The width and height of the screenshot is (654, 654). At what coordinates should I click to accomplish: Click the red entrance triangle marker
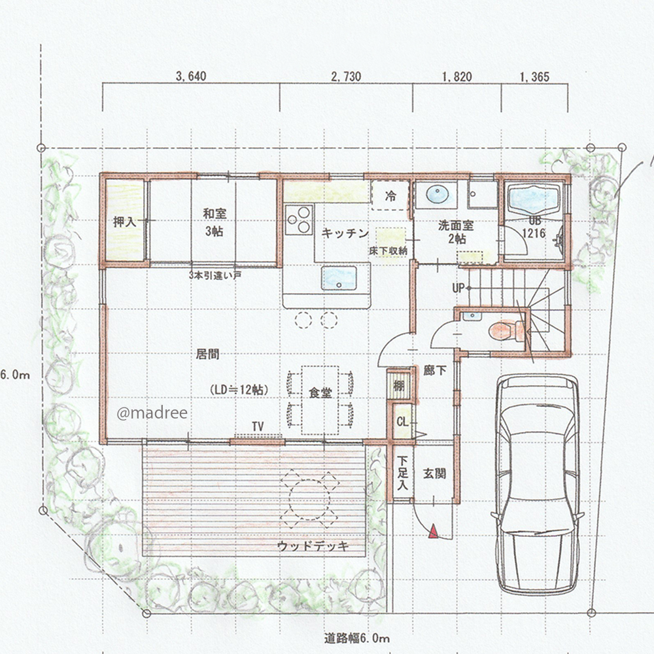tap(434, 531)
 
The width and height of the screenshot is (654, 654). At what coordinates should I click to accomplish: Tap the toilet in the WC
tap(506, 331)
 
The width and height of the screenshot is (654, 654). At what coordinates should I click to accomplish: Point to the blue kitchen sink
tap(339, 278)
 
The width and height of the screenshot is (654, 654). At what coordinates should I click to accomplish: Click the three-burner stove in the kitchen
tap(299, 219)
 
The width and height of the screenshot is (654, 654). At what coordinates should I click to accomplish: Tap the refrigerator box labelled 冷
tap(390, 195)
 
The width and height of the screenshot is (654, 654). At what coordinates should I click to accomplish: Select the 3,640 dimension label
tap(191, 77)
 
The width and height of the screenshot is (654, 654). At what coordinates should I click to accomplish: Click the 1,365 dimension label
tap(534, 77)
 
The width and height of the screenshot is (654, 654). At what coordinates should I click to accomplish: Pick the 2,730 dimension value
tap(346, 77)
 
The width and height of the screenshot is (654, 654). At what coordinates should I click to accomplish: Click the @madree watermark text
tap(152, 413)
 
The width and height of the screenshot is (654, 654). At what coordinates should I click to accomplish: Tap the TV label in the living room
tap(258, 426)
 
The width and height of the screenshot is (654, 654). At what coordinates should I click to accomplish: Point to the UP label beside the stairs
tap(458, 288)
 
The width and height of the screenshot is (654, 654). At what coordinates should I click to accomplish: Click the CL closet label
tap(402, 422)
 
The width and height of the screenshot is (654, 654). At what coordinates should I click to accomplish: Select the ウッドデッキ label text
tap(313, 546)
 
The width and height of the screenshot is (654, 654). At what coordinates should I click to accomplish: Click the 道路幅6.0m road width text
tap(356, 638)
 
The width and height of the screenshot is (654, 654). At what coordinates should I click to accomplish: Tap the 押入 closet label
tap(125, 222)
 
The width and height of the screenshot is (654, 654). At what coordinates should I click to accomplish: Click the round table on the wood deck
tap(309, 499)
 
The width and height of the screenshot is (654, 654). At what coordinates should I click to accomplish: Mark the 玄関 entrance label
tap(435, 473)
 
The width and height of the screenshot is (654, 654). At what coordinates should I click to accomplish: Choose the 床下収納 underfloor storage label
tap(388, 251)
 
